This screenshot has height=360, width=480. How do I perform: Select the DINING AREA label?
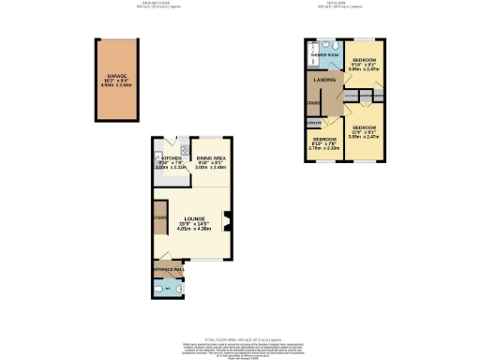(211, 158)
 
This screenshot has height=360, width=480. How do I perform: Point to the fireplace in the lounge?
(227, 223)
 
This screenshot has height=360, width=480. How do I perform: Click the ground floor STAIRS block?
(160, 223)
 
